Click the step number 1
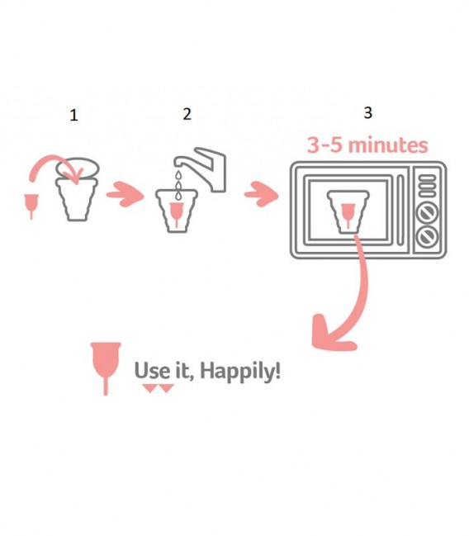tap(73, 115)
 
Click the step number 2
tap(187, 114)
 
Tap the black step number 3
tap(367, 112)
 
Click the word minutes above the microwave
tap(388, 145)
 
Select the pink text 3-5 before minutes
tap(325, 145)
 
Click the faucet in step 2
tap(201, 168)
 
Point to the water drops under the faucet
tap(178, 185)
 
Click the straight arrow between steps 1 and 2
tap(126, 194)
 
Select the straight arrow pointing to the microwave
tap(262, 194)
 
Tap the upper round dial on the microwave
tap(427, 212)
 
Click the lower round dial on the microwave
tap(427, 236)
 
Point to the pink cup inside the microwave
tap(348, 215)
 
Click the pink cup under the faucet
tap(177, 215)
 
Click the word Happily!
tap(240, 371)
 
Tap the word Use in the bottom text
tap(152, 370)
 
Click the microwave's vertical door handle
tap(400, 210)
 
